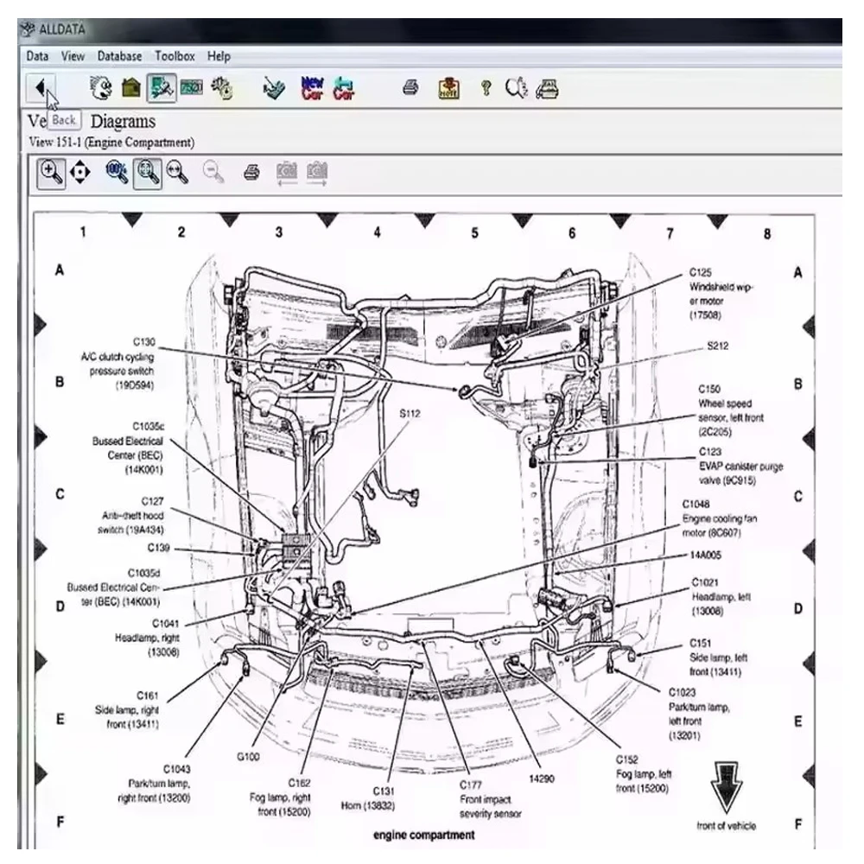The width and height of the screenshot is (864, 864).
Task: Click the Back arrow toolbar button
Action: pos(41,86)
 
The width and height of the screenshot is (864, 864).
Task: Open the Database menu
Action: pos(119,56)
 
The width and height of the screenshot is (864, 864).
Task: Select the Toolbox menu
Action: pos(175,56)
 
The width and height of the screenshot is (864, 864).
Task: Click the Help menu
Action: pos(219,56)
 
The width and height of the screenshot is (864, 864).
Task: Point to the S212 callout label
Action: pos(718,346)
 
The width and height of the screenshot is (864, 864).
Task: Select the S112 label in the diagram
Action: pos(410,413)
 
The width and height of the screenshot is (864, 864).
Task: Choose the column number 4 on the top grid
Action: pos(377,232)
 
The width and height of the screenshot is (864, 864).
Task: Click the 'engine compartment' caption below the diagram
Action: pos(423,835)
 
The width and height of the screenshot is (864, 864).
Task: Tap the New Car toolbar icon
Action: pos(312,87)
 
